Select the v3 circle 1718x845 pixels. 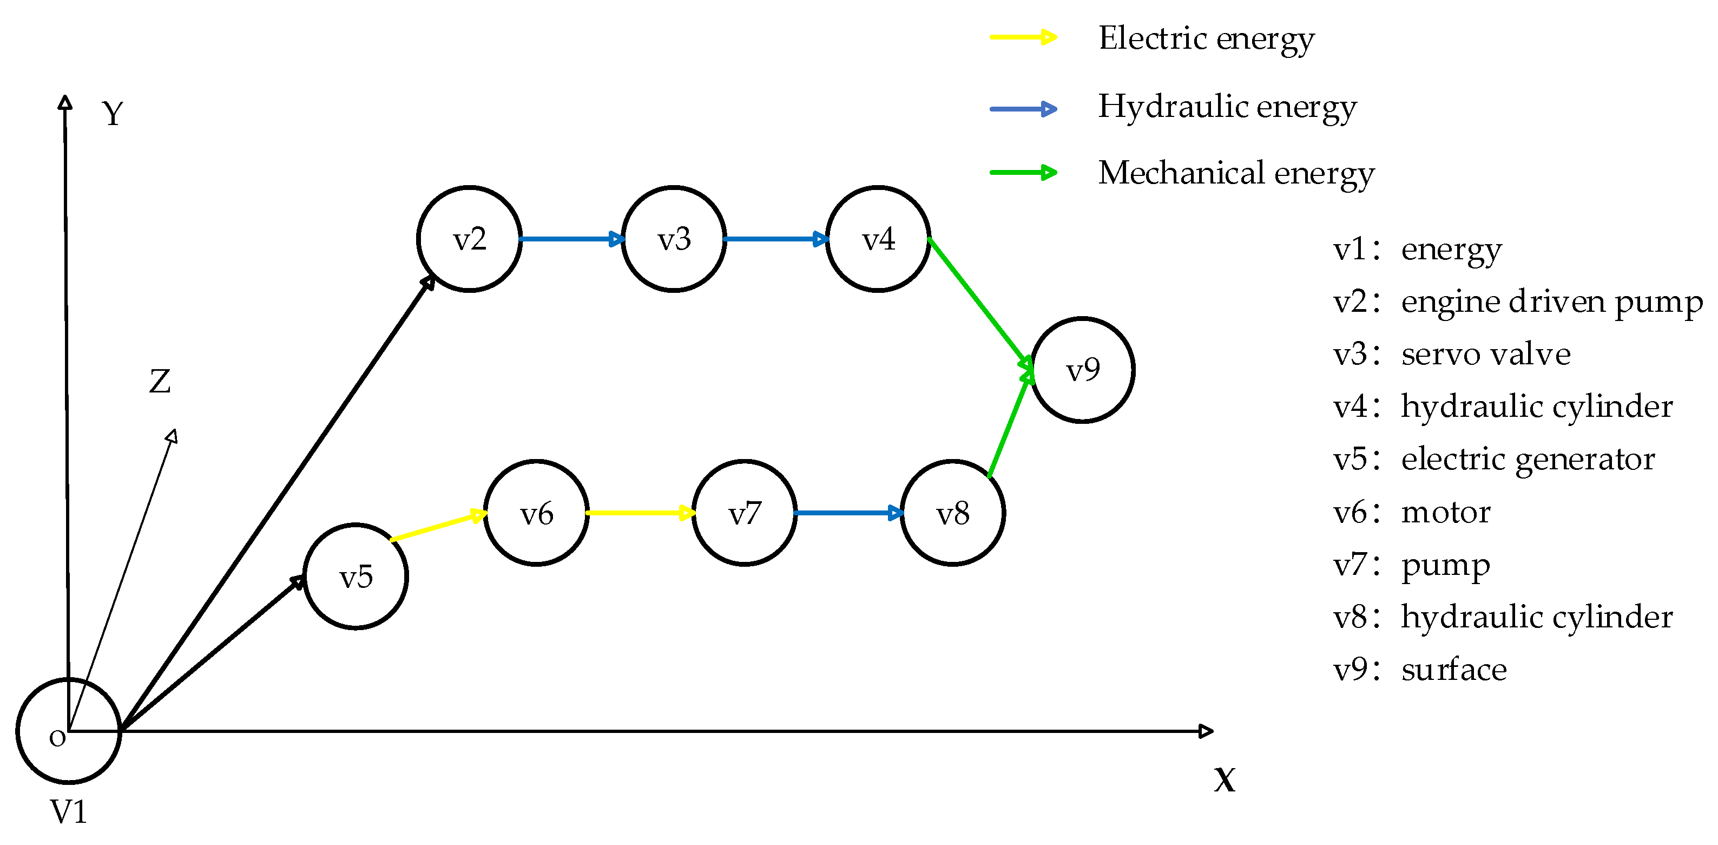coord(674,239)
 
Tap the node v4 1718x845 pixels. coord(878,239)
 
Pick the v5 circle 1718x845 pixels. coord(356,577)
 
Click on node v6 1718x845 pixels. coord(536,513)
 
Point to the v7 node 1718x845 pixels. coord(745,513)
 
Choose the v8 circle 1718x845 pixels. coord(952,513)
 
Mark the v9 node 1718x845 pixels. coord(1082,370)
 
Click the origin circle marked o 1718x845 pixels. coord(68,731)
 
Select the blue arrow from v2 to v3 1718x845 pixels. coord(571,239)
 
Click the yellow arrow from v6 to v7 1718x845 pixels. coord(640,513)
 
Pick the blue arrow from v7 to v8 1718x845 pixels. coord(848,513)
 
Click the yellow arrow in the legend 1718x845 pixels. coord(1023,37)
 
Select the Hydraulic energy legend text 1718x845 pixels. coord(1227,107)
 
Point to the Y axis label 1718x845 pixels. coord(113,114)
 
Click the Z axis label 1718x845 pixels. coord(160,382)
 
